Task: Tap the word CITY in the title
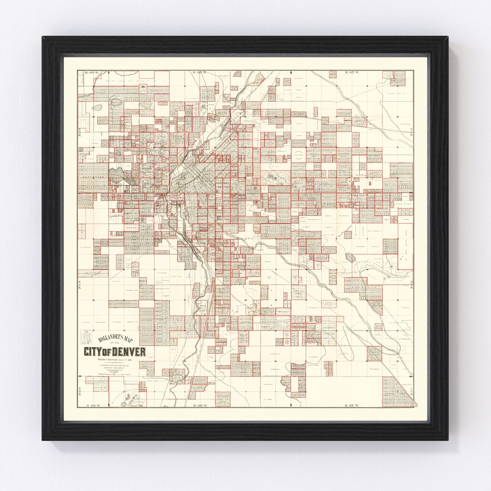(93, 352)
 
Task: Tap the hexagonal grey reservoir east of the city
(350, 257)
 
